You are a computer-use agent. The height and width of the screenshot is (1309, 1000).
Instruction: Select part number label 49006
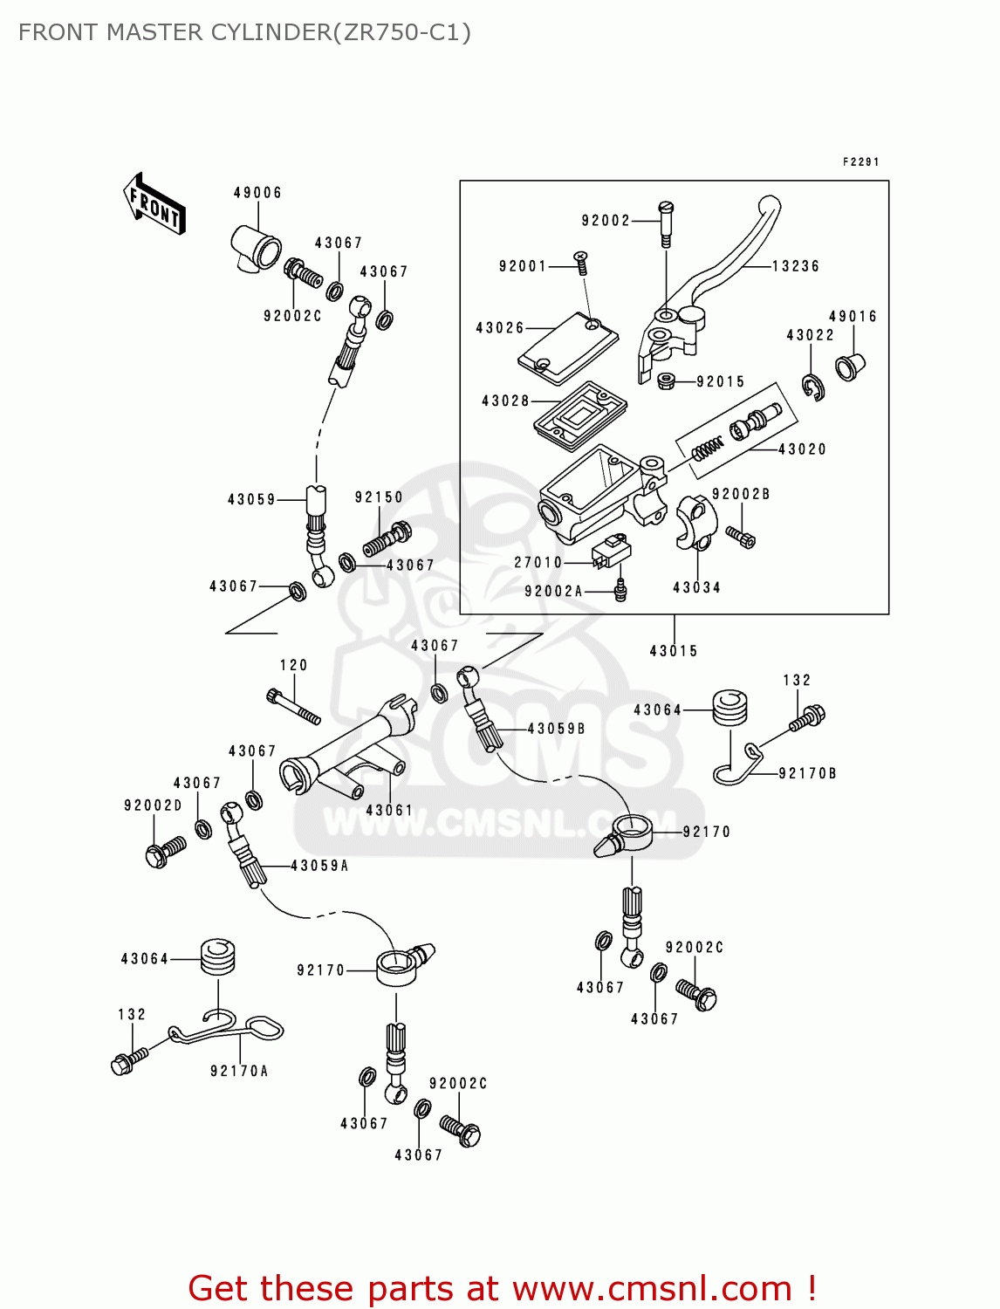[257, 193]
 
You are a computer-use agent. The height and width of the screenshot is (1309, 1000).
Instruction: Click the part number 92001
[522, 266]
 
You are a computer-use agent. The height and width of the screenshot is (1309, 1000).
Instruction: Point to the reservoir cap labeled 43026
[568, 348]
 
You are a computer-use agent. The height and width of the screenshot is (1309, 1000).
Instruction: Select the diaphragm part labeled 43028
[580, 415]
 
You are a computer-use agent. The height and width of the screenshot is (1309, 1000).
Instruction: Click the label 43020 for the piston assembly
[802, 449]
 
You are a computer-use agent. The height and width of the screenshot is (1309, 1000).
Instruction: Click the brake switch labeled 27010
[610, 553]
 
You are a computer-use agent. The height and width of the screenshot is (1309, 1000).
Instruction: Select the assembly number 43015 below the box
[674, 651]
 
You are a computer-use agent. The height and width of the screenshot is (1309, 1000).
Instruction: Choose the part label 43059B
[556, 729]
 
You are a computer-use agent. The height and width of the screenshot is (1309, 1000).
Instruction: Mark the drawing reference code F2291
[860, 162]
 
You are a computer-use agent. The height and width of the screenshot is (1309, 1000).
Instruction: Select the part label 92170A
[239, 1071]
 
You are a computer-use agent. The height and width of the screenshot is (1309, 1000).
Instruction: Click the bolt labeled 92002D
[165, 852]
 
